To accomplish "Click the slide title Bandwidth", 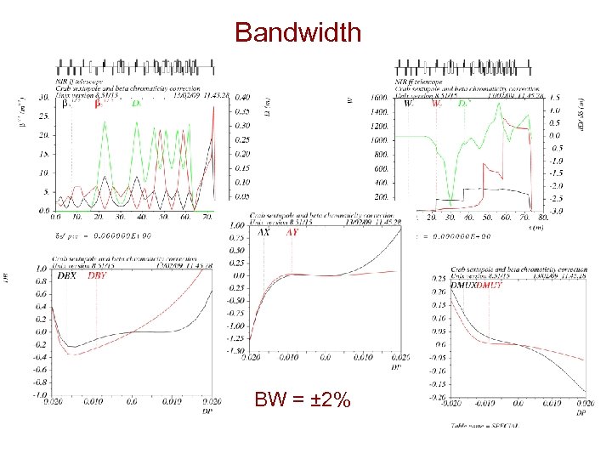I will click(297, 32).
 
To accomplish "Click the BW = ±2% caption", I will click(302, 399).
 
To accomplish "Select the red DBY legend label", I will click(98, 275).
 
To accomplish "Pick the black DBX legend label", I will click(67, 275).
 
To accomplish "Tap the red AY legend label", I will click(292, 232).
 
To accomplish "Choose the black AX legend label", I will click(263, 232).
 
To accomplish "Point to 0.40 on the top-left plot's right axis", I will click(243, 97).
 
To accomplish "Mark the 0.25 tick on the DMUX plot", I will click(437, 279).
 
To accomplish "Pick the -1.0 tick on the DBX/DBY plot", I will click(39, 395).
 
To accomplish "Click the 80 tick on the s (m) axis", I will click(544, 218).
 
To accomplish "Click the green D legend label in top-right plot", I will click(463, 104).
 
